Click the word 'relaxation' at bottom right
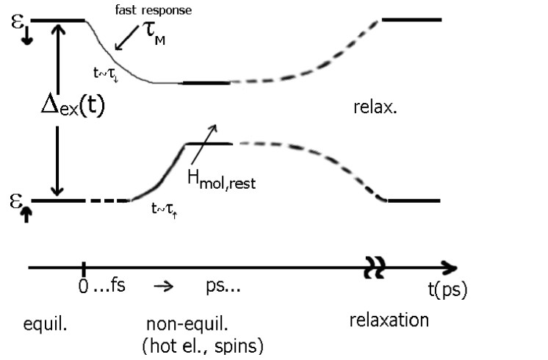tap(389, 321)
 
